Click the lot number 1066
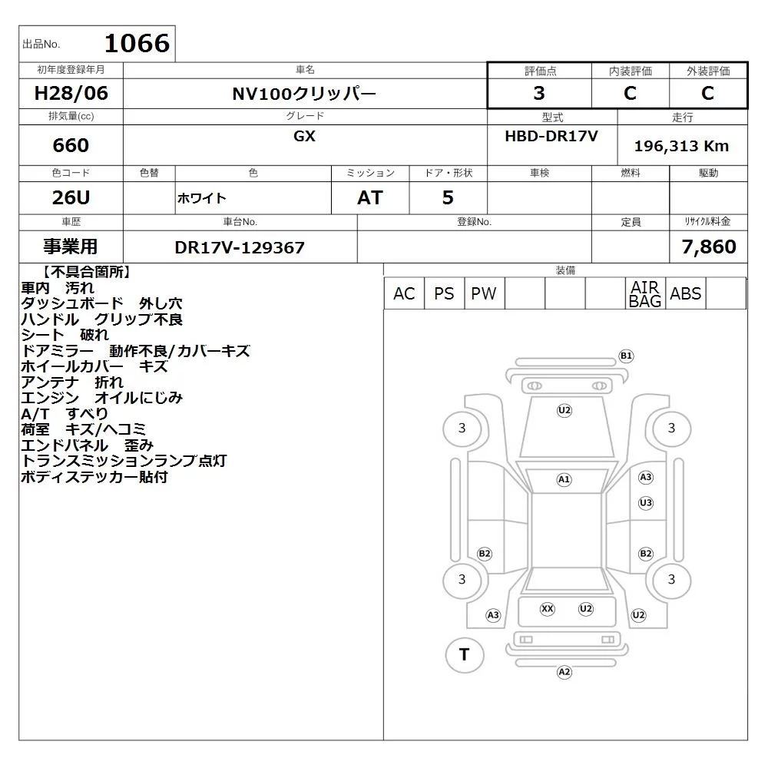(137, 43)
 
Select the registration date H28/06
(71, 93)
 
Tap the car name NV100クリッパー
(304, 94)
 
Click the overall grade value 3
(539, 93)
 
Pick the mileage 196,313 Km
(681, 145)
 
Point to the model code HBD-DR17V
(551, 136)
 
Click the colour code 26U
(71, 197)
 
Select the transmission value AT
(370, 197)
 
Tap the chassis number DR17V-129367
(240, 247)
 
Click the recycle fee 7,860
(708, 247)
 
